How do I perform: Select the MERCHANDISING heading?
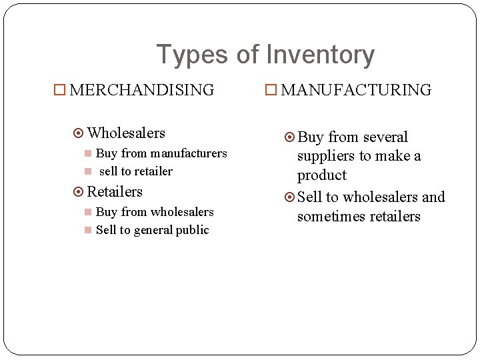pos(141,90)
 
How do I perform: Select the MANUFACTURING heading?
pos(356,90)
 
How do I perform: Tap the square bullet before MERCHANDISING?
pos(59,90)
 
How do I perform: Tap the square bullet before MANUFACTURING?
pos(271,90)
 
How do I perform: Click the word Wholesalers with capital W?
pos(126,133)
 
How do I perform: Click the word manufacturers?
pos(188,153)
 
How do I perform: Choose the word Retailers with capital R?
pos(115,192)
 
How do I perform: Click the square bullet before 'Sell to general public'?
pos(88,231)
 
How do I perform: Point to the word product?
pos(322,175)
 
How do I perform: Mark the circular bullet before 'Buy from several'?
pos(289,138)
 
